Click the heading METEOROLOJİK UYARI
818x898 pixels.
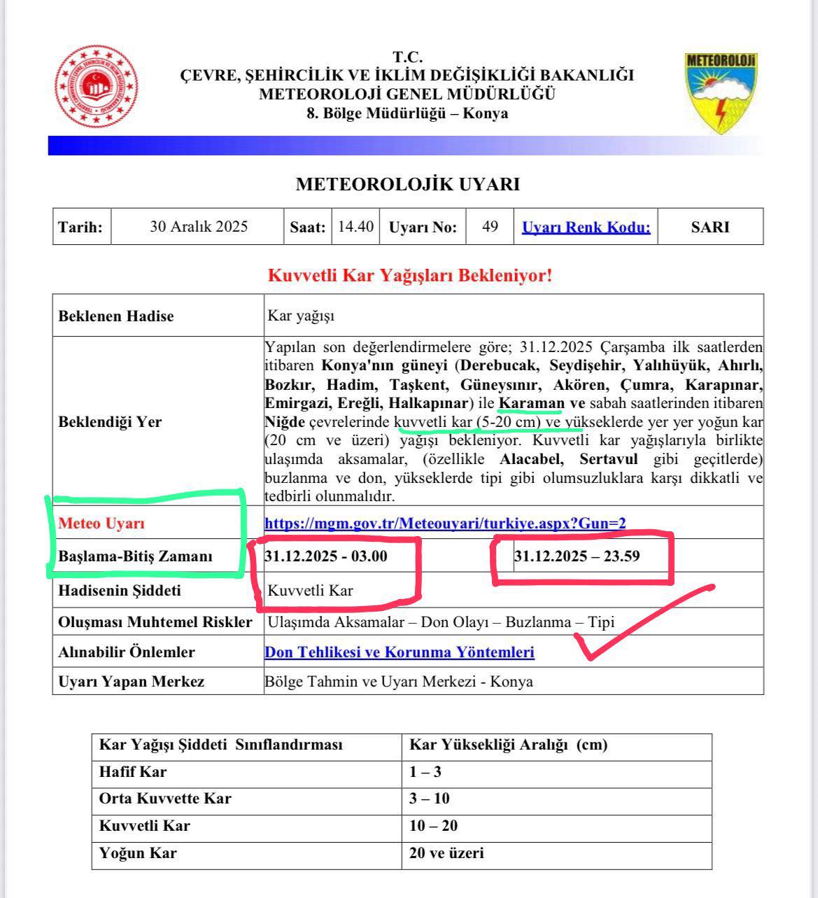click(408, 184)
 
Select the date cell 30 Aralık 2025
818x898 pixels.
click(199, 227)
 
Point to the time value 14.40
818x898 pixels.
click(355, 227)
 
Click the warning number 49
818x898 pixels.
click(490, 227)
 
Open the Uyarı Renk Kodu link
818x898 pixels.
click(586, 227)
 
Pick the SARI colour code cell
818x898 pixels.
click(710, 227)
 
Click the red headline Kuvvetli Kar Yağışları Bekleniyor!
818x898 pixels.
click(410, 275)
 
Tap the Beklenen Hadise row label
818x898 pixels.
click(116, 316)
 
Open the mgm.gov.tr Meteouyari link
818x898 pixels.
click(445, 523)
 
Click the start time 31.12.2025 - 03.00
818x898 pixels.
click(326, 556)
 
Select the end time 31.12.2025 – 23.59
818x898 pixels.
click(577, 557)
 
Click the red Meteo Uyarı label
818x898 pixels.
click(101, 523)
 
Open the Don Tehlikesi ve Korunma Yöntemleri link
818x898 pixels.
click(400, 652)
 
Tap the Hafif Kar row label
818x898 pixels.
click(133, 772)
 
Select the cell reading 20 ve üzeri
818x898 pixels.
click(446, 853)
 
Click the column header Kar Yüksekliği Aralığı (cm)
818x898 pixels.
click(508, 745)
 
